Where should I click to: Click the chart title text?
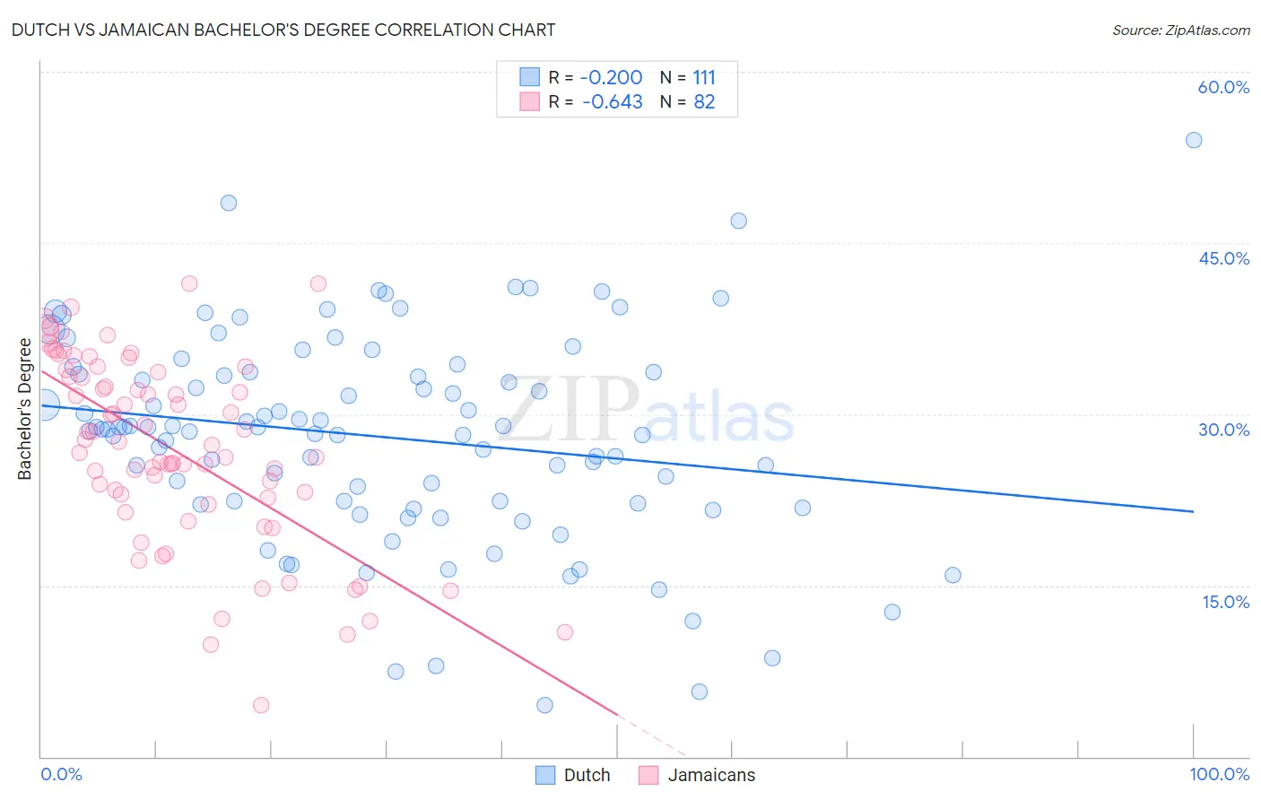[x=284, y=30]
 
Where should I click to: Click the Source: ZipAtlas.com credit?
[x=1180, y=30]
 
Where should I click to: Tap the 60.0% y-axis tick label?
[x=1223, y=87]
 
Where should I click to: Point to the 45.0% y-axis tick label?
[x=1223, y=258]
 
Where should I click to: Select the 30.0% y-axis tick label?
[x=1223, y=430]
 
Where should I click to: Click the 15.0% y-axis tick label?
[x=1225, y=602]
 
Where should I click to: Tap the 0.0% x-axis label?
[x=61, y=774]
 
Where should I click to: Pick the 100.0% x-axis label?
[x=1219, y=774]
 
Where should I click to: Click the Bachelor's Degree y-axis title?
[x=24, y=409]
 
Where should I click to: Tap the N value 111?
[x=704, y=78]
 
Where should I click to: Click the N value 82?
[x=704, y=102]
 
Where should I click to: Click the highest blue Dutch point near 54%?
[x=1194, y=140]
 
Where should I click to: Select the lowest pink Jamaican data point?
[x=261, y=705]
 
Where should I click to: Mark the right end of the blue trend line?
[x=1194, y=511]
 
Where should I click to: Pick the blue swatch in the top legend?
[x=530, y=77]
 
